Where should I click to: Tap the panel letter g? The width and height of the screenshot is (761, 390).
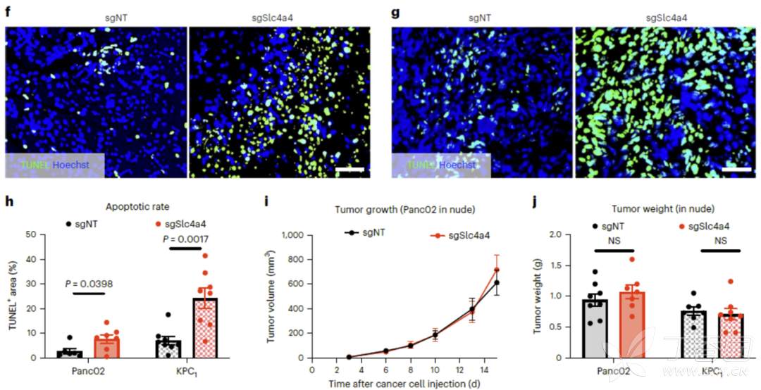[395, 12]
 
